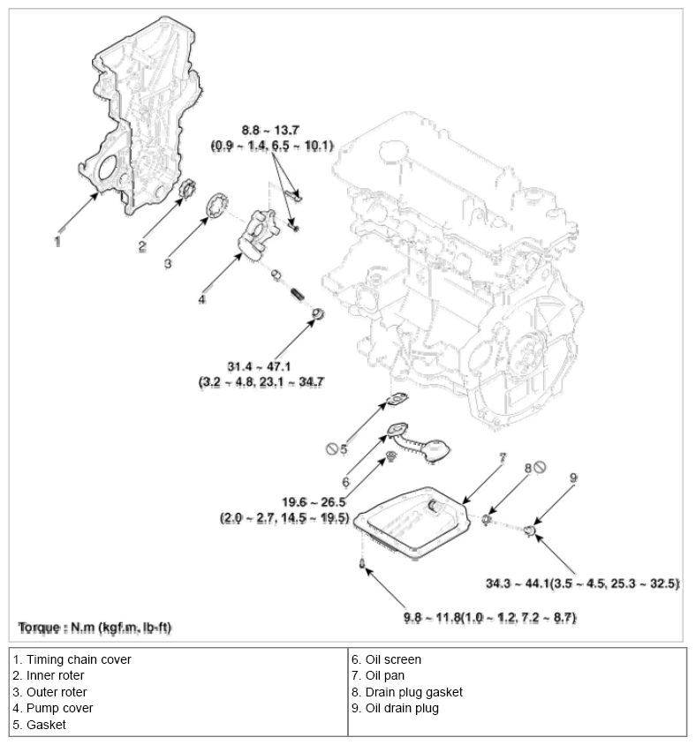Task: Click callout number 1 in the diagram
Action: pos(57,240)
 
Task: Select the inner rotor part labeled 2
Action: pos(186,192)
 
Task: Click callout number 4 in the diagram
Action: pos(201,299)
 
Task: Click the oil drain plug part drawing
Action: pos(529,530)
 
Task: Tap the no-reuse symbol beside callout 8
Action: pos(542,468)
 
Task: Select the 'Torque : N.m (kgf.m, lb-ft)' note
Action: pos(95,628)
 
